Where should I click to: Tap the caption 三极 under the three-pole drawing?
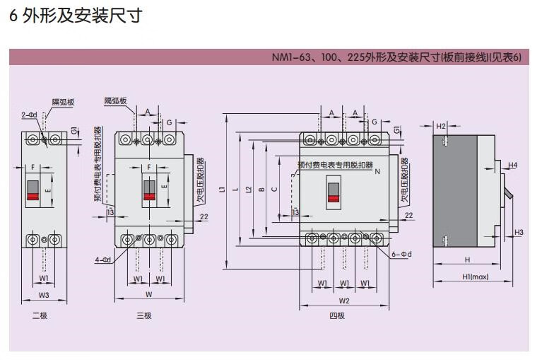click(144, 315)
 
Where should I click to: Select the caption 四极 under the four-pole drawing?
click(337, 315)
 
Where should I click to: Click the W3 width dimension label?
click(44, 295)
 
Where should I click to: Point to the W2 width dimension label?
click(345, 301)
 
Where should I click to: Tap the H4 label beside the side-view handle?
click(513, 166)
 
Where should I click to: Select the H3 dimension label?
click(518, 232)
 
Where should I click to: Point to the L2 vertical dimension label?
click(248, 190)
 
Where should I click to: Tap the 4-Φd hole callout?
click(103, 260)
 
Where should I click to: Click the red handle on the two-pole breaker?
click(33, 190)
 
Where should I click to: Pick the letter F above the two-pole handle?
click(33, 166)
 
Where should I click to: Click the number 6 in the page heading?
click(13, 16)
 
